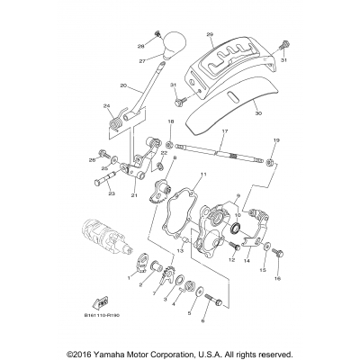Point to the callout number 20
click(x=123, y=86)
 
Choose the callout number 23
click(x=112, y=193)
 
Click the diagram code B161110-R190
click(x=109, y=319)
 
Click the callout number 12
click(x=231, y=260)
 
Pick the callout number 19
click(x=276, y=140)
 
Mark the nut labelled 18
click(x=170, y=142)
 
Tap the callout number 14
click(x=247, y=260)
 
